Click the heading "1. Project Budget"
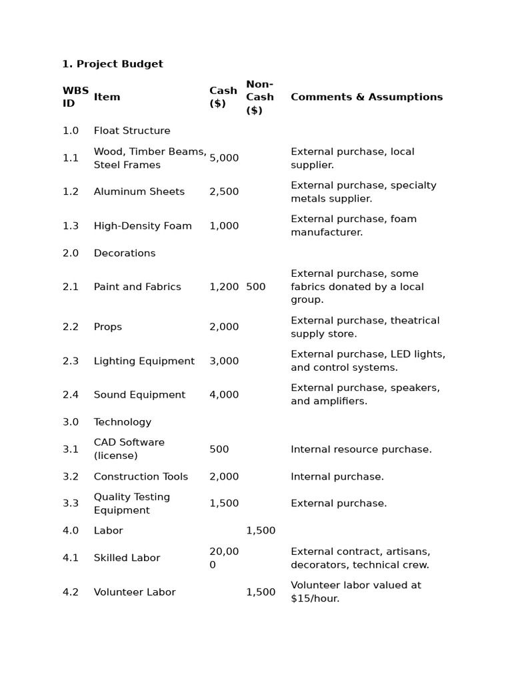[112, 64]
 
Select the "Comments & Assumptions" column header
[366, 97]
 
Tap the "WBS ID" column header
[75, 97]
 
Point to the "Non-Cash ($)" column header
[259, 97]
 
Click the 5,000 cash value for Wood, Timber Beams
[224, 158]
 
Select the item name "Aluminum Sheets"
[139, 191]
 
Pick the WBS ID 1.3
[71, 225]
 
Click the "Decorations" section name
[124, 253]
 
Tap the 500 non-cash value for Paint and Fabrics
[255, 287]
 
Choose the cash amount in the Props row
[224, 327]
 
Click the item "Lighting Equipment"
[144, 361]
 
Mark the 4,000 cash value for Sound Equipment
[224, 395]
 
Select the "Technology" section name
[122, 422]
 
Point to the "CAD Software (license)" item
[129, 449]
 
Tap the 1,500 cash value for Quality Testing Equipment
[224, 504]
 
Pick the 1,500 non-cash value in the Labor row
[261, 530]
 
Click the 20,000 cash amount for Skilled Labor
[224, 558]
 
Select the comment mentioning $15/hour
[355, 592]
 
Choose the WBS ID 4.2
[71, 592]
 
